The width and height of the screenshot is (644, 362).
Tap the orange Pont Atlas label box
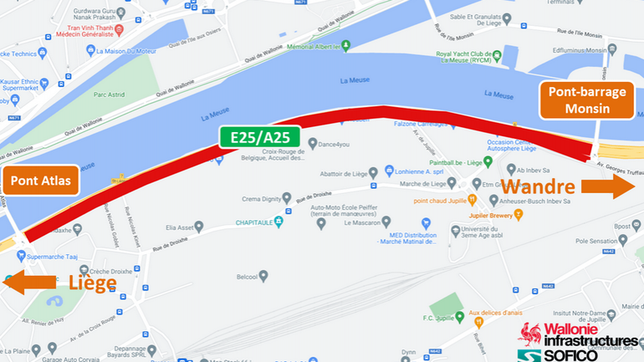pos(40,180)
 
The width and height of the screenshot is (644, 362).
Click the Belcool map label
pos(246,275)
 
